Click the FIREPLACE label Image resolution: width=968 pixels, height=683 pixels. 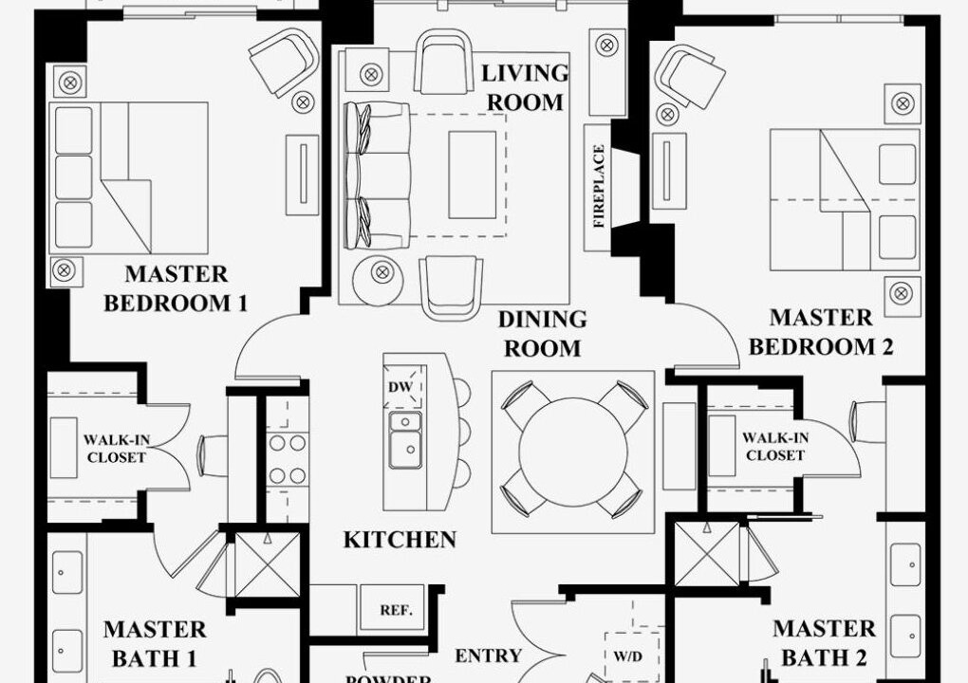[598, 186]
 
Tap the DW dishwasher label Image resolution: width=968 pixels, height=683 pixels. [400, 387]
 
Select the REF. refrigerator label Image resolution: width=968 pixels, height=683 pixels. [396, 610]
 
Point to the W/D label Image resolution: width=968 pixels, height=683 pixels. [627, 656]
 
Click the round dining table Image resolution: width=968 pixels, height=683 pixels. [572, 452]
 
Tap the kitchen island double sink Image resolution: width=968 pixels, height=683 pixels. [405, 440]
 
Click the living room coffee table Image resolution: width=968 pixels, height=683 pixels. [473, 175]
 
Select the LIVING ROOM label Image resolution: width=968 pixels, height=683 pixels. [525, 87]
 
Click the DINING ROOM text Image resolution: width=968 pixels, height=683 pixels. [543, 333]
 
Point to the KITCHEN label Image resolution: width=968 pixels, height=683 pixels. [400, 540]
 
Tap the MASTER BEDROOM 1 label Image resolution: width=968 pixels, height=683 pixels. [176, 288]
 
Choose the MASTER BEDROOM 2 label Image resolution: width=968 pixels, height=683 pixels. [821, 332]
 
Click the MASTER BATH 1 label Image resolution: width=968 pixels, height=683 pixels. [155, 644]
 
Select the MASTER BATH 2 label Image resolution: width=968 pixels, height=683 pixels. [824, 643]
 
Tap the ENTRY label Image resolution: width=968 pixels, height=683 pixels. [489, 655]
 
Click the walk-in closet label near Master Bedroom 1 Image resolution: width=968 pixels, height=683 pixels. [117, 449]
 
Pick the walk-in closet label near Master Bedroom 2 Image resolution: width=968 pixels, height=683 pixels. [775, 447]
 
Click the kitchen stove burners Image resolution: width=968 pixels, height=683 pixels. [288, 459]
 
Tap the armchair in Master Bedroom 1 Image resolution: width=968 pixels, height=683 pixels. [285, 63]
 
